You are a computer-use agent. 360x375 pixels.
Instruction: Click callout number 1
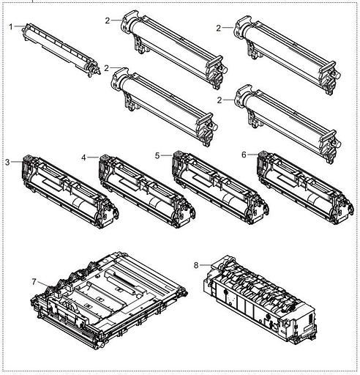click(x=11, y=26)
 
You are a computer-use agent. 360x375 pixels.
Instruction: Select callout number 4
click(x=84, y=157)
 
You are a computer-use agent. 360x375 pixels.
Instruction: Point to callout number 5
click(x=157, y=155)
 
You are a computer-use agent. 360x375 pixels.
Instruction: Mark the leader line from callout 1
click(x=19, y=26)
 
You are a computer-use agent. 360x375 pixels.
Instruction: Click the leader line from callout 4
click(x=92, y=157)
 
